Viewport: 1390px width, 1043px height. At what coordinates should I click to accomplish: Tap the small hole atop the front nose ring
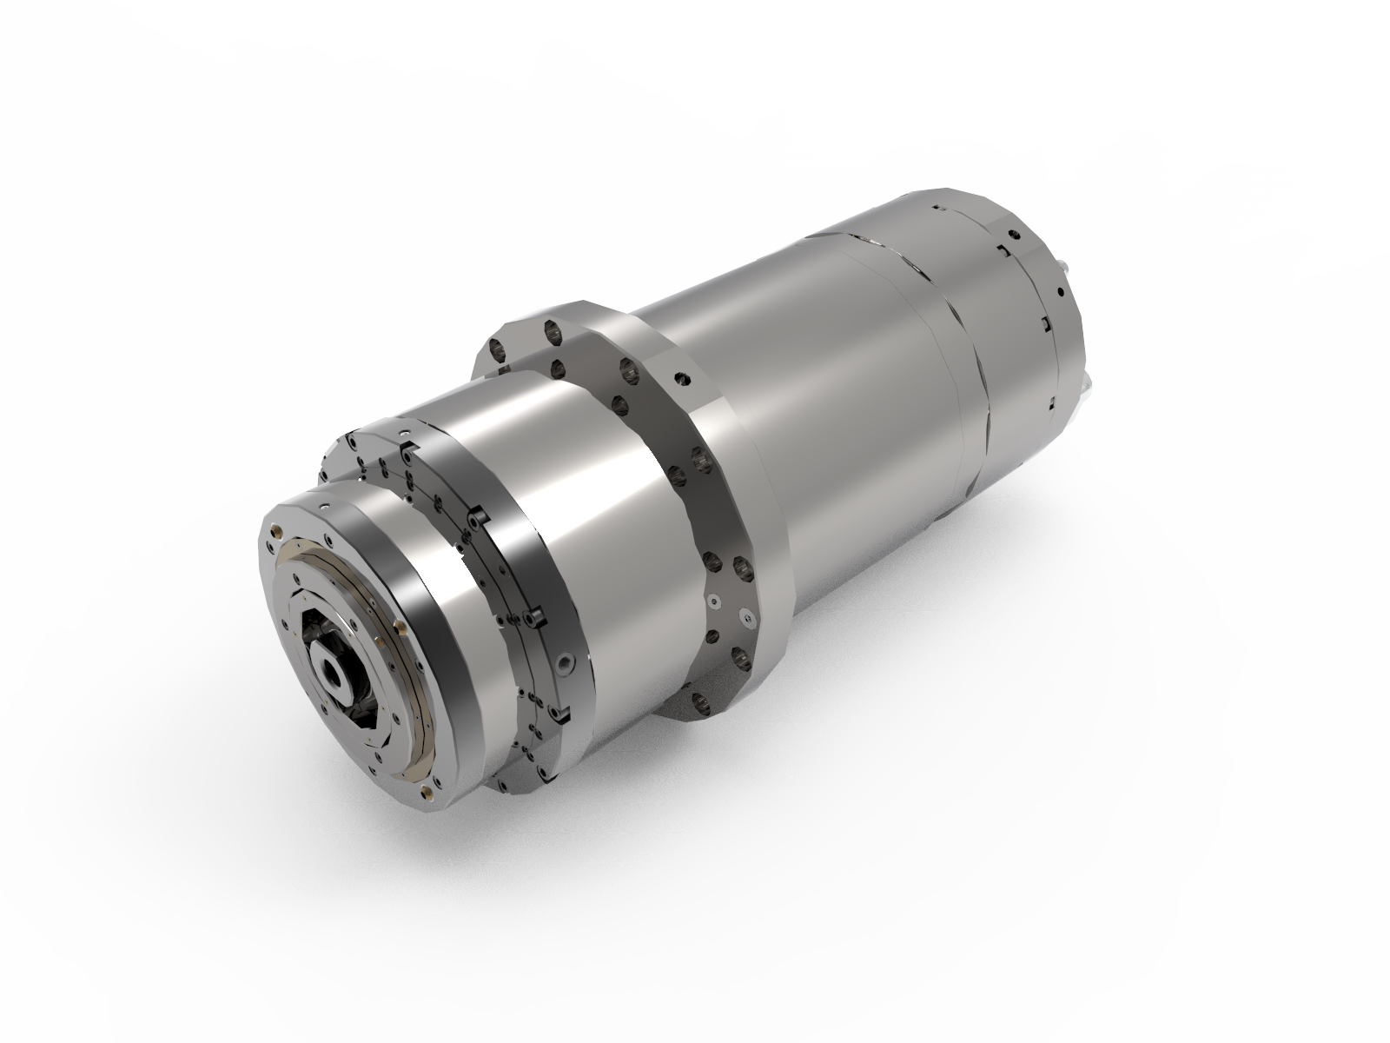324,506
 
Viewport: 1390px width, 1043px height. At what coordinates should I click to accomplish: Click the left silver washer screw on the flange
714,601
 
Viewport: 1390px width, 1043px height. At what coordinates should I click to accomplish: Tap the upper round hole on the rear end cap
1014,235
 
